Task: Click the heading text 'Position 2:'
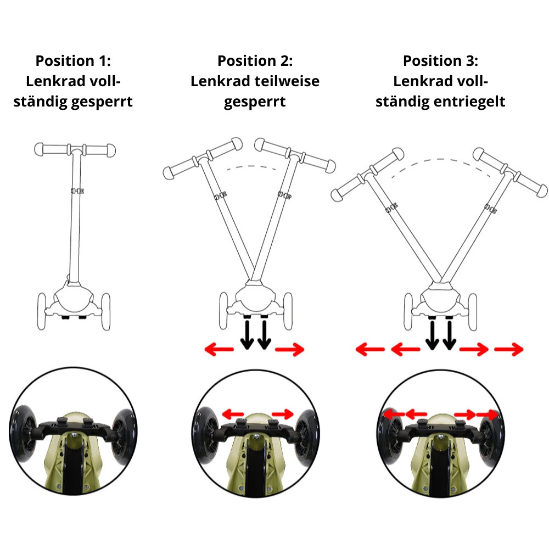[255, 60]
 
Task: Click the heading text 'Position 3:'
[440, 60]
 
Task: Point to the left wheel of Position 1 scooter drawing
[42, 311]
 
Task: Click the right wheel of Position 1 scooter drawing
[104, 311]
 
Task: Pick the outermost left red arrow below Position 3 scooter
[369, 349]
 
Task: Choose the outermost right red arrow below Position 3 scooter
[508, 349]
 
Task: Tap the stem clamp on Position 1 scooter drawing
[77, 191]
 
